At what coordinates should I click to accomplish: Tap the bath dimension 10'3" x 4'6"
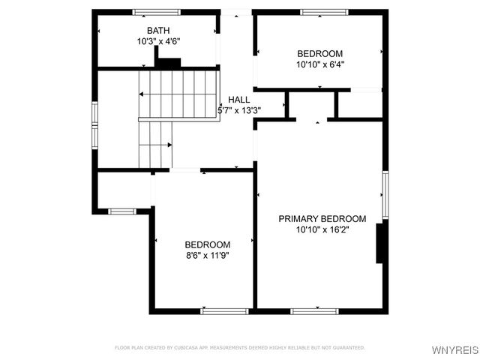click(158, 41)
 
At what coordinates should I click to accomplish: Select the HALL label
click(239, 100)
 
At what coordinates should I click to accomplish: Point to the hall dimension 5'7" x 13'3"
click(239, 110)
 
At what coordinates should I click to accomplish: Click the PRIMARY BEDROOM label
click(322, 219)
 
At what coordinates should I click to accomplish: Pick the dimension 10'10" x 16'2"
click(322, 230)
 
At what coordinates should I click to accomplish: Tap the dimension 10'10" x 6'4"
click(320, 64)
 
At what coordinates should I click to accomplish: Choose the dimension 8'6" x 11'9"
click(208, 255)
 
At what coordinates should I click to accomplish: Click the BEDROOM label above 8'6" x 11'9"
click(208, 244)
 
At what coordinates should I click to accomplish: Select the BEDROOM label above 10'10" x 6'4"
click(320, 53)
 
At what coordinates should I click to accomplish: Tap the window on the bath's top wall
click(157, 12)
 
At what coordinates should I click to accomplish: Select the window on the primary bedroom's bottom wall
click(315, 310)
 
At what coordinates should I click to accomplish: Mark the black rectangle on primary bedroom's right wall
click(380, 242)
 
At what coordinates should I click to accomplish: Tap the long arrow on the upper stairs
click(178, 94)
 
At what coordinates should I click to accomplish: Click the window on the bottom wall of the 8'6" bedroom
click(225, 310)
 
